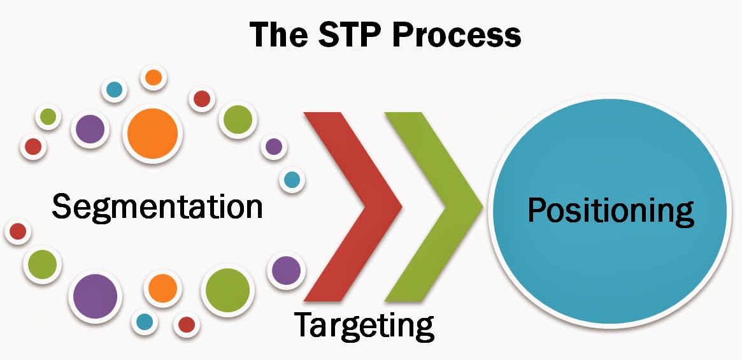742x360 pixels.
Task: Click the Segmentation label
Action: [x=157, y=207]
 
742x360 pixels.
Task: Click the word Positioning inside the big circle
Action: [x=611, y=211]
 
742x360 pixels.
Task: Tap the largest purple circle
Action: [x=96, y=296]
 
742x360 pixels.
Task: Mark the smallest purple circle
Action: [x=274, y=147]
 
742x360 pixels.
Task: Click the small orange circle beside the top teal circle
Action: [x=153, y=78]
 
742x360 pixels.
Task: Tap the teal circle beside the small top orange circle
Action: [x=115, y=90]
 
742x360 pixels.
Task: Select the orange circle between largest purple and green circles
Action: [x=162, y=288]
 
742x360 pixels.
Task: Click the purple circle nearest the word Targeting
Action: [x=286, y=270]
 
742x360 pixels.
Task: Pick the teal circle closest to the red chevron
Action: [x=292, y=180]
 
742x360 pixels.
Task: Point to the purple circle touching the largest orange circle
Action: [x=90, y=129]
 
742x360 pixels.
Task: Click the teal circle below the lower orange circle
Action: [x=145, y=322]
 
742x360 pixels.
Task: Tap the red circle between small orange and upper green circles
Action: [x=202, y=99]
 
